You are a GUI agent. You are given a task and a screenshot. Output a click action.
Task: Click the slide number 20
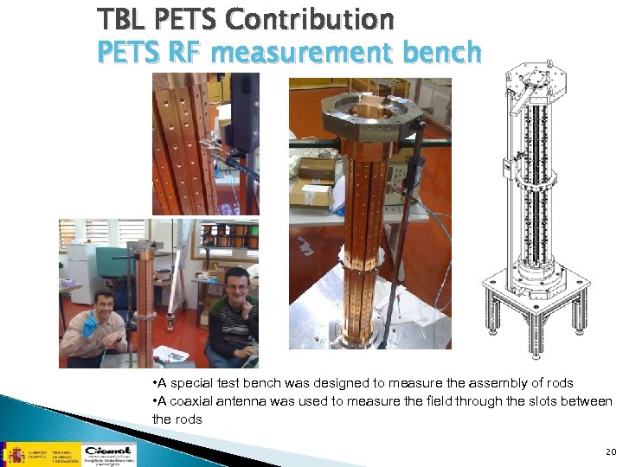point(611,451)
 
